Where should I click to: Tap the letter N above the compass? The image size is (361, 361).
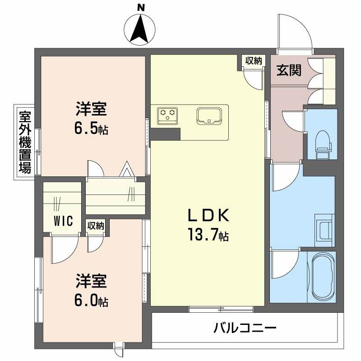tap(141, 7)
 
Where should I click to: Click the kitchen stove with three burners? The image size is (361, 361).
tap(167, 115)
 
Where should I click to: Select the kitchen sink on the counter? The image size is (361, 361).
tap(208, 115)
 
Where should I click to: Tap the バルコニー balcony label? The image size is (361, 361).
tap(245, 327)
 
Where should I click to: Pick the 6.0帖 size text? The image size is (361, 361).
tap(91, 301)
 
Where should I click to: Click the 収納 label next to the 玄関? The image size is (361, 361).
tap(254, 61)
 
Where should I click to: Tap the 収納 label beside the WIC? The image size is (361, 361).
tap(96, 226)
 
